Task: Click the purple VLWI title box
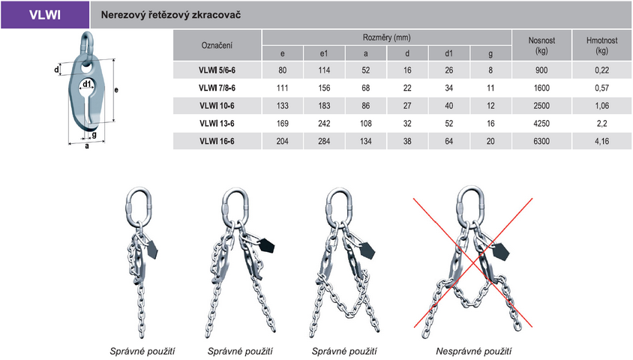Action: (45, 14)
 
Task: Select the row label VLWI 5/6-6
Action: (217, 70)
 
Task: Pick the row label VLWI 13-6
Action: (217, 124)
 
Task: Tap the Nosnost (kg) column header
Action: (541, 45)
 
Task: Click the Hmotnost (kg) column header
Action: (601, 45)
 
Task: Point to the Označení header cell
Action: (217, 45)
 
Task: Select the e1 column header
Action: (324, 53)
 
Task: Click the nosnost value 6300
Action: (541, 141)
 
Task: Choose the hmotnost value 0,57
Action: (601, 88)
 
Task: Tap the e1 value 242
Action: (324, 124)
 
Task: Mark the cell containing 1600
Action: (541, 88)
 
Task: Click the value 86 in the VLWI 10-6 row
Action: (366, 106)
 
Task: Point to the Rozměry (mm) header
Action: (387, 37)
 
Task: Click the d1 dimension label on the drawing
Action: (87, 83)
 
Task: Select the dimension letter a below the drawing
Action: (87, 146)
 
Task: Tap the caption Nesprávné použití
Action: (473, 351)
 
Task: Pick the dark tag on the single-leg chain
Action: (151, 250)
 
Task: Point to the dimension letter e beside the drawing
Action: (116, 90)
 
